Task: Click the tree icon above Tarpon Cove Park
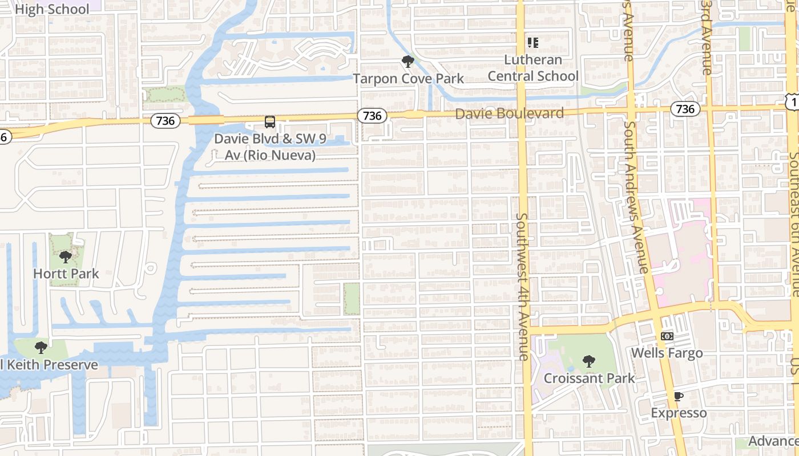pyautogui.click(x=407, y=61)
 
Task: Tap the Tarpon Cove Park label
pyautogui.click(x=408, y=79)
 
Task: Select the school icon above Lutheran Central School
pyautogui.click(x=533, y=43)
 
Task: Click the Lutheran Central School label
pyautogui.click(x=533, y=68)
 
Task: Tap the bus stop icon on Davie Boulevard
pyautogui.click(x=269, y=121)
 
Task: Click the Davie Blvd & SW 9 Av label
pyautogui.click(x=265, y=146)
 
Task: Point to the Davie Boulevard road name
pyautogui.click(x=509, y=113)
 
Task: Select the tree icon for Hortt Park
pyautogui.click(x=66, y=256)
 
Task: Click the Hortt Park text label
pyautogui.click(x=66, y=274)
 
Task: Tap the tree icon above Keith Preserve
pyautogui.click(x=41, y=347)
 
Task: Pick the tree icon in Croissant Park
pyautogui.click(x=589, y=361)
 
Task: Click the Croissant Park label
pyautogui.click(x=589, y=378)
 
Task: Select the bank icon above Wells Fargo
pyautogui.click(x=667, y=336)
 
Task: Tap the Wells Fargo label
pyautogui.click(x=667, y=353)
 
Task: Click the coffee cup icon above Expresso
pyautogui.click(x=679, y=396)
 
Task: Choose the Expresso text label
pyautogui.click(x=679, y=413)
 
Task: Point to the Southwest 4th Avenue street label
pyautogui.click(x=523, y=286)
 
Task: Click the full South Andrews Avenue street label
pyautogui.click(x=636, y=197)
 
